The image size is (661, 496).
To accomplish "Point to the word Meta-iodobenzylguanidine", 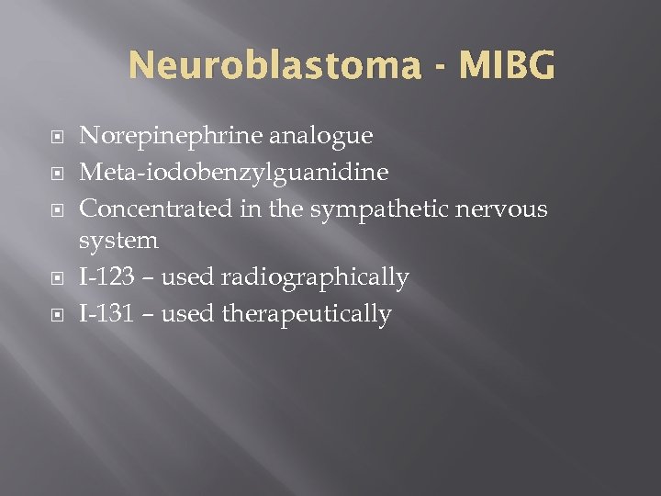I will (234, 173).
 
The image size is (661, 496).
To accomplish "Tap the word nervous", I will (499, 209).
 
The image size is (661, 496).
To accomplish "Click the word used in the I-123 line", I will (187, 277).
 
